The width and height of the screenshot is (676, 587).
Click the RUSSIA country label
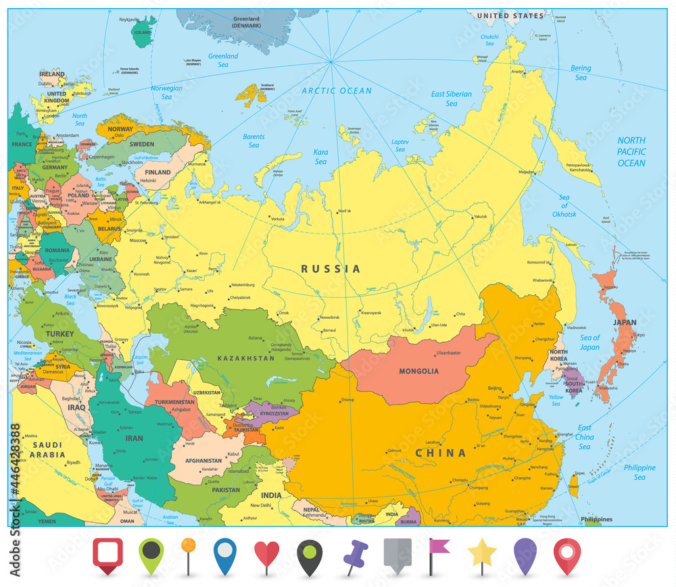(x=331, y=269)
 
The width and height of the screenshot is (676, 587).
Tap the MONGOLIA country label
(x=418, y=371)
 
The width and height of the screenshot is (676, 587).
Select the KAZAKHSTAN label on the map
(x=246, y=358)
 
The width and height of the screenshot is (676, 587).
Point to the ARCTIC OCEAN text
(x=337, y=91)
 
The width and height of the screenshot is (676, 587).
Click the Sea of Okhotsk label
(x=564, y=205)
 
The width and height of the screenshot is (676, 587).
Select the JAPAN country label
(x=624, y=323)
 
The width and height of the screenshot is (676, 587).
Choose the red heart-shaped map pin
(x=266, y=555)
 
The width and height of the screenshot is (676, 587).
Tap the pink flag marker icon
(x=439, y=550)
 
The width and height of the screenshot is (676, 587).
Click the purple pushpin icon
(x=355, y=555)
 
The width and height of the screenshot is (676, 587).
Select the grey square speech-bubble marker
(x=397, y=554)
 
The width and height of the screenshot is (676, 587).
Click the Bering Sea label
(x=581, y=72)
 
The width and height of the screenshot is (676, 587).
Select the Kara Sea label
(x=320, y=157)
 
